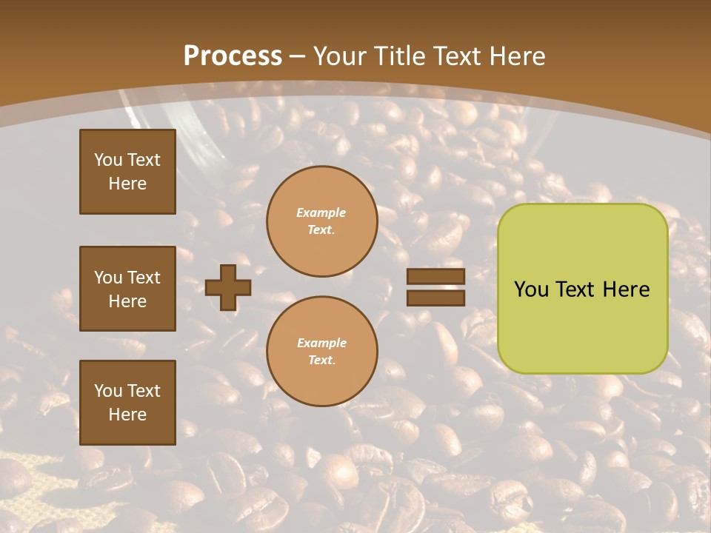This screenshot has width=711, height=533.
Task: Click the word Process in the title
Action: [x=233, y=56]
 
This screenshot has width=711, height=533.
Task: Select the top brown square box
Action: [x=127, y=172]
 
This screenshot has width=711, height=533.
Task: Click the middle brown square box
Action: [x=127, y=289]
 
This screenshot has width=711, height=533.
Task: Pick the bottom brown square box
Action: [x=127, y=402]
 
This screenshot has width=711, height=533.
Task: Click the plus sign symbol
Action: [x=228, y=287]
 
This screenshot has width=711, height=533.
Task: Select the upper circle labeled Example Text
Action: [x=321, y=221]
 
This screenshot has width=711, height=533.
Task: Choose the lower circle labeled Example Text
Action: [x=321, y=352]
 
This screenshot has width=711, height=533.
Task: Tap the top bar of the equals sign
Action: [x=435, y=277]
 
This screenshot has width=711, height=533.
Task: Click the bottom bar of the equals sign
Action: [x=435, y=298]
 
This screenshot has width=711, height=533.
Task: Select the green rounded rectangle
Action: [x=582, y=289]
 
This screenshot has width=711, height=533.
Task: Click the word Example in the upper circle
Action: [x=321, y=213]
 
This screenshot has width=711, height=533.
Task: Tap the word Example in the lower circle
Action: [x=321, y=343]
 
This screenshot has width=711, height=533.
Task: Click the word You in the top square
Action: [x=107, y=160]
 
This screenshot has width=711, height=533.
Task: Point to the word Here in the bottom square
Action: [x=127, y=415]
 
